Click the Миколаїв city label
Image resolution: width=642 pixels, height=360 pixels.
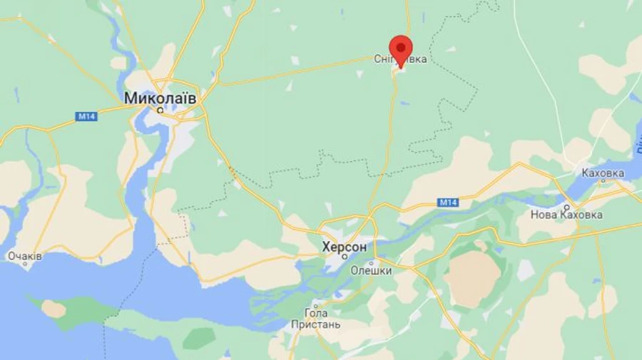point(160,98)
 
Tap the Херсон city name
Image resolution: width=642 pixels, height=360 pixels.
point(345,247)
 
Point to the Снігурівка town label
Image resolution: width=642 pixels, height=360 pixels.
point(400,59)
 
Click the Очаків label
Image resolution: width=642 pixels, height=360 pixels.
point(25,256)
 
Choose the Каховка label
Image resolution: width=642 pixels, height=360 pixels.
point(603,173)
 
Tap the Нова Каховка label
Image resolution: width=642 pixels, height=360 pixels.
point(566,215)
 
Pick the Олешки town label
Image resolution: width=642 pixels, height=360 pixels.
point(371,270)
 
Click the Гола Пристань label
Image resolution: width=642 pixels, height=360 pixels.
point(316,319)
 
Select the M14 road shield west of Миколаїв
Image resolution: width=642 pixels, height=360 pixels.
point(86,116)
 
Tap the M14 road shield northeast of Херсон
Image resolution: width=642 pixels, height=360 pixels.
point(447,203)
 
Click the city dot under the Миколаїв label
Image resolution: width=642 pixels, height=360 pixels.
point(160,110)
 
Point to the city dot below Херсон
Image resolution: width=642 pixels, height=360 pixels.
point(345,257)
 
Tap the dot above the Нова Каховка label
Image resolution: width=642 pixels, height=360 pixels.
point(568,205)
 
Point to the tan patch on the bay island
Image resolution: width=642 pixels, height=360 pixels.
point(53,309)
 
